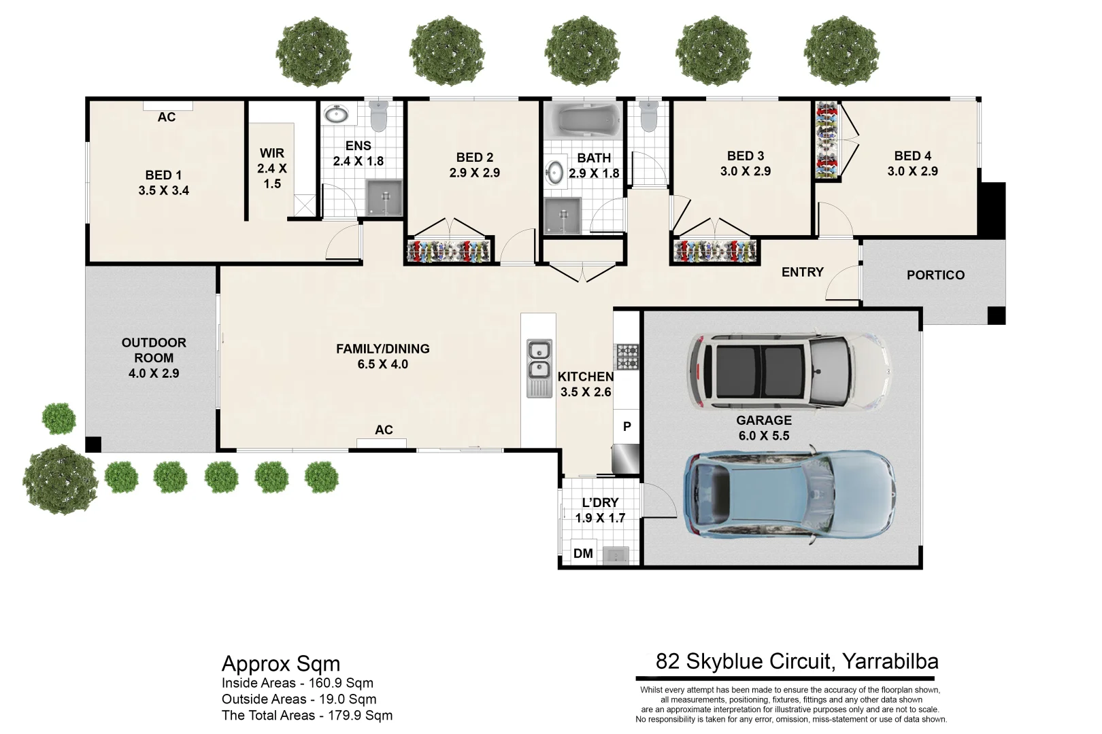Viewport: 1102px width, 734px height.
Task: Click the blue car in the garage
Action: (x=789, y=495)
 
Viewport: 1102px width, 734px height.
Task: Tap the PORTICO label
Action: (x=935, y=275)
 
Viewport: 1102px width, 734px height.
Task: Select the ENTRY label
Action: (x=802, y=272)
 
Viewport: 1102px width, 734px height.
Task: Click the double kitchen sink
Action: (x=539, y=361)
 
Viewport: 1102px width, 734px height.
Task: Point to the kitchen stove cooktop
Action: (x=627, y=356)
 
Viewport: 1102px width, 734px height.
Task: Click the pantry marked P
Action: (x=627, y=427)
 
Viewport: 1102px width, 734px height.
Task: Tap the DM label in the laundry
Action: (x=583, y=553)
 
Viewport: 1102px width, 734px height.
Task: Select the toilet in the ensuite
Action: (x=378, y=117)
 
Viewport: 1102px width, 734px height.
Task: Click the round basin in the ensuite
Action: (x=335, y=114)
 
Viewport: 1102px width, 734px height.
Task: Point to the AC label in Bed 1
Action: (x=167, y=117)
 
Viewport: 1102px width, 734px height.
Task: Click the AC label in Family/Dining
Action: (x=384, y=430)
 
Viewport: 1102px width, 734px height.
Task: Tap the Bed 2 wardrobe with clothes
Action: (x=448, y=251)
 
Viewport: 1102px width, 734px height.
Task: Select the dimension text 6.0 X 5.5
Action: (x=764, y=436)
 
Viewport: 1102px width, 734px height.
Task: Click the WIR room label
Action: (x=272, y=154)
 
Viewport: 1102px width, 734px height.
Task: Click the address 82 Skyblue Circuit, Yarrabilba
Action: (x=797, y=661)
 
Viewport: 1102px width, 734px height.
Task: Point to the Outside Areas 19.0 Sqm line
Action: (x=299, y=699)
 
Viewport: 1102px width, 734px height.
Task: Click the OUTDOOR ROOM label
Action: (x=154, y=350)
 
